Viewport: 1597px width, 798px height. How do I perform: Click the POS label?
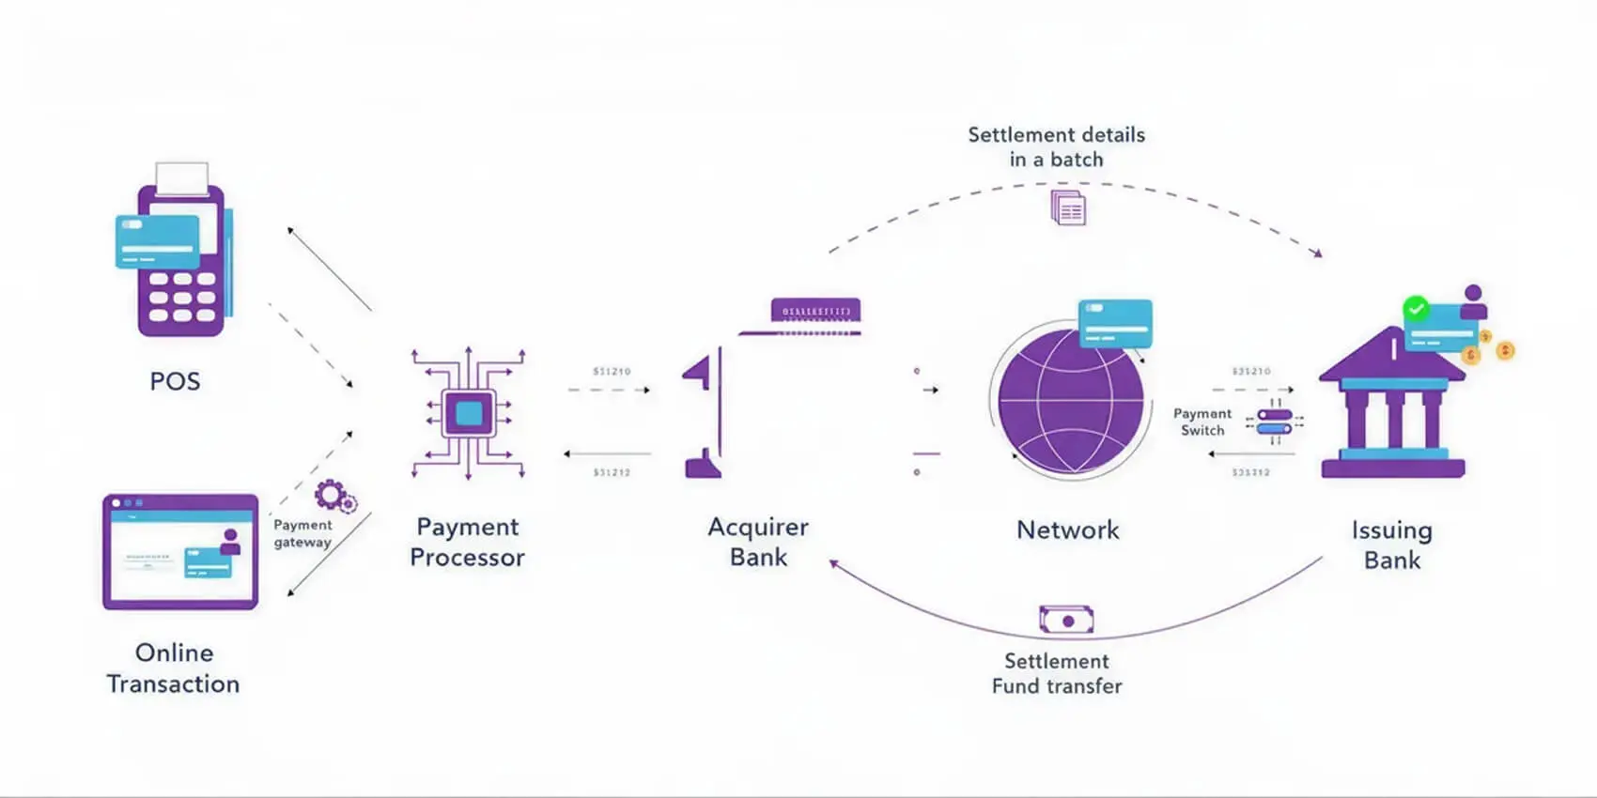pos(175,381)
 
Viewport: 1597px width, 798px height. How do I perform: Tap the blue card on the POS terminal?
pos(157,241)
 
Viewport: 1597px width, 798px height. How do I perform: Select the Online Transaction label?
pos(174,668)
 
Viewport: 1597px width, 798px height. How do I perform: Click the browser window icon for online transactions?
pos(180,552)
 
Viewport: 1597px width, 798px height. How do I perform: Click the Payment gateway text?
pos(302,533)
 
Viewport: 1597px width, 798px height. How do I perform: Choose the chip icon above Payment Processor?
pos(469,413)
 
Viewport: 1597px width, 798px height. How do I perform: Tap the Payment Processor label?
pos(468,542)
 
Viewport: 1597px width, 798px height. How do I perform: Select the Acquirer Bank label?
pos(758,542)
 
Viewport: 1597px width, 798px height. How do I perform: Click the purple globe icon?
pos(1071,401)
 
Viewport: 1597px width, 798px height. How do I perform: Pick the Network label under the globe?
pos(1068,530)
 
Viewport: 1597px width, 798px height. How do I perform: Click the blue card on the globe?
pos(1115,322)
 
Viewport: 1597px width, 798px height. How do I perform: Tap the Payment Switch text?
pos(1202,422)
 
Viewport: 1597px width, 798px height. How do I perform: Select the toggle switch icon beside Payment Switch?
pos(1275,422)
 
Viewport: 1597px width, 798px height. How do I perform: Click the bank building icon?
pos(1392,408)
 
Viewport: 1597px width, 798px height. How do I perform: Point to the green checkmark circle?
pos(1416,308)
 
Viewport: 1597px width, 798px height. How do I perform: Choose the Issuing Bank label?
pos(1392,545)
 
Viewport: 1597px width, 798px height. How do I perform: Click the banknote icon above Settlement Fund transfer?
pos(1066,620)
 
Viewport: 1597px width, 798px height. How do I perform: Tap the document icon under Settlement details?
pos(1068,207)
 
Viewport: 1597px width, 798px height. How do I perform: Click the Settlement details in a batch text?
pos(1057,147)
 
